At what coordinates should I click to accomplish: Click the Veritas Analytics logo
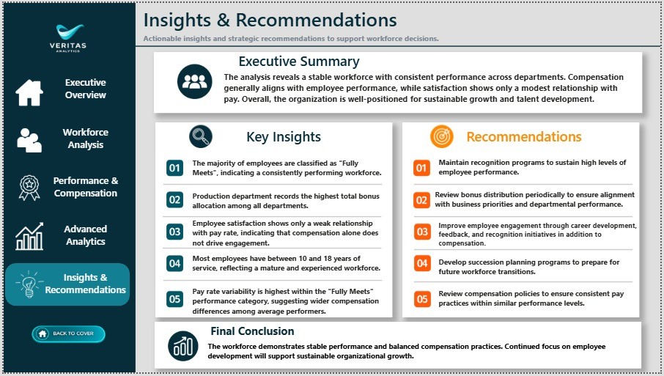[x=68, y=38]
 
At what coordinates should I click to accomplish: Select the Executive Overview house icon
[x=29, y=92]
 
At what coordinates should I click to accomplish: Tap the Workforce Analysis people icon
[x=29, y=140]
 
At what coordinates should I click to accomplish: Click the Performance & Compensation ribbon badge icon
[x=29, y=188]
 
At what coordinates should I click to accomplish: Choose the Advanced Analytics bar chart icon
[x=29, y=236]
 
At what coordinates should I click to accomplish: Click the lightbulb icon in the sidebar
[x=29, y=284]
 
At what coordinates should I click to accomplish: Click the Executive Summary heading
[x=299, y=62]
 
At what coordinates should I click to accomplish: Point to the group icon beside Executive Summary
[x=195, y=81]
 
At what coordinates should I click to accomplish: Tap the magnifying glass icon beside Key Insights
[x=201, y=136]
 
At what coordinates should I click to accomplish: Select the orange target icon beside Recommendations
[x=442, y=136]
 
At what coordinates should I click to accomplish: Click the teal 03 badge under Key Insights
[x=175, y=232]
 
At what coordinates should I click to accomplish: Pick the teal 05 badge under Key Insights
[x=175, y=299]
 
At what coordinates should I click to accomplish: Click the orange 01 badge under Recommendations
[x=421, y=168]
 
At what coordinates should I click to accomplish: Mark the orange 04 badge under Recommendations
[x=422, y=263]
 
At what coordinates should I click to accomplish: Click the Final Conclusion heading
[x=252, y=331]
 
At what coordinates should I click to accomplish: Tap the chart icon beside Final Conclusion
[x=183, y=346]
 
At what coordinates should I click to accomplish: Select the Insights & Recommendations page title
[x=270, y=20]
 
